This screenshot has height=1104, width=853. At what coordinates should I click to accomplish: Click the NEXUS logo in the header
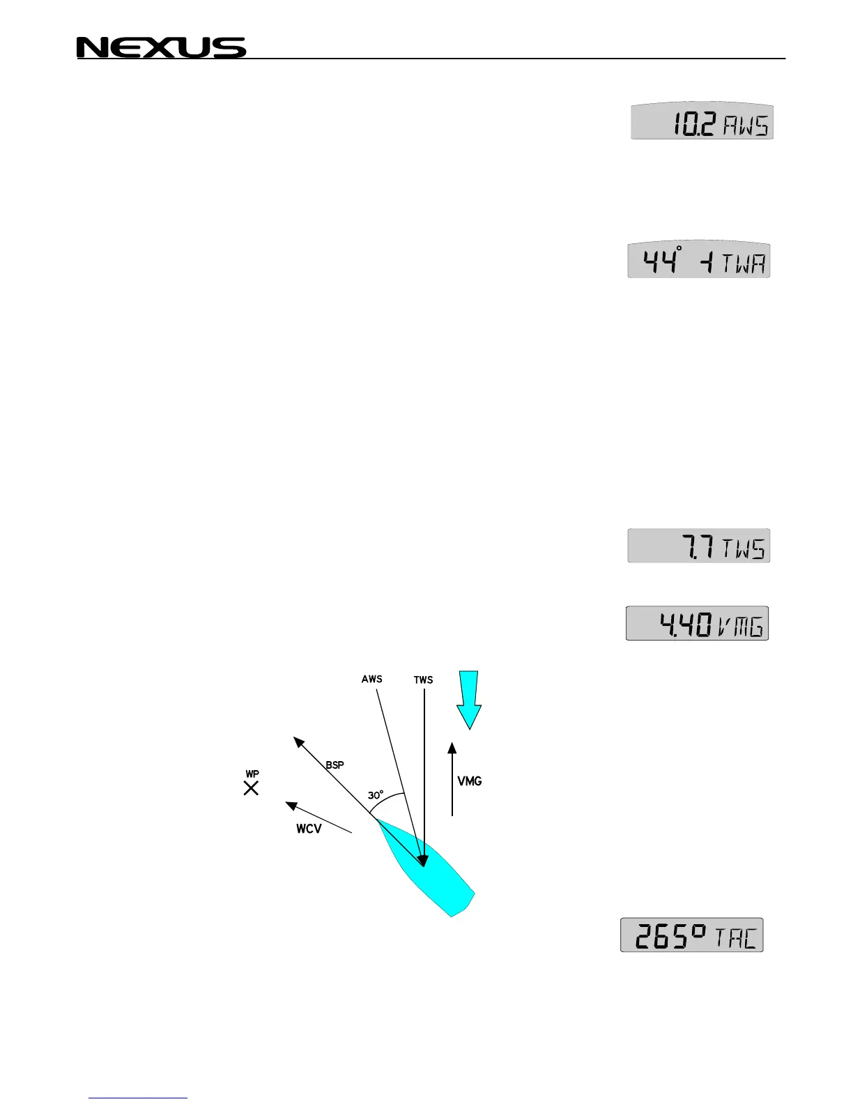161,47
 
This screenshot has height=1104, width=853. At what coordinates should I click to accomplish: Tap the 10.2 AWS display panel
702,123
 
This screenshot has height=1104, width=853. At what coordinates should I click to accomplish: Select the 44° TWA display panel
699,261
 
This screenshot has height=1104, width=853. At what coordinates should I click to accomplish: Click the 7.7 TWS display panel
699,546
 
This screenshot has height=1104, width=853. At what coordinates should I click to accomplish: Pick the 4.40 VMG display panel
697,623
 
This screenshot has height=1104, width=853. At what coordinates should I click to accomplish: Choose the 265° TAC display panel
692,935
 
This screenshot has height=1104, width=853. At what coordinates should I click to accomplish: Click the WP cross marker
251,788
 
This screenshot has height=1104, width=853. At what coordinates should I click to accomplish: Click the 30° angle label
376,795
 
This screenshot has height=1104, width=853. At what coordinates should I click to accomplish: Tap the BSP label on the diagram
335,765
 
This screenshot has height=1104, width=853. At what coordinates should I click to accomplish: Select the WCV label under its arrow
309,829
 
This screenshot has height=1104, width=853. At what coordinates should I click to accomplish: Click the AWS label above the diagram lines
371,679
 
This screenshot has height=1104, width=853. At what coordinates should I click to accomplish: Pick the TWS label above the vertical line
423,680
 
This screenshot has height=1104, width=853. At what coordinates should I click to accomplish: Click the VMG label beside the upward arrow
470,781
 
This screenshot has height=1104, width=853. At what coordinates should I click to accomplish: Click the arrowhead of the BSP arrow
298,741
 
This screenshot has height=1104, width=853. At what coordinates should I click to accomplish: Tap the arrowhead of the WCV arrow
292,806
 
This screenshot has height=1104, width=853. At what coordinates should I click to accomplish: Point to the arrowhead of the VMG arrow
452,749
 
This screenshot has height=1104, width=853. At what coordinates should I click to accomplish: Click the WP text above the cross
252,774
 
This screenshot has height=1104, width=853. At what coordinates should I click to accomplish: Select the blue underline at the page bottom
139,1098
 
